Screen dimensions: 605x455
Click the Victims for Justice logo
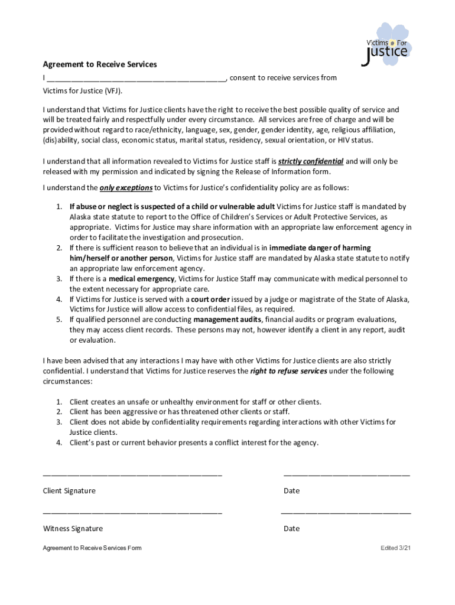tap(385, 45)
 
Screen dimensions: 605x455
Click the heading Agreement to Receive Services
tap(99, 64)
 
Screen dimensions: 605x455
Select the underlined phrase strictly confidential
tap(310, 161)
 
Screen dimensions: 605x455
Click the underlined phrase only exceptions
tap(126, 188)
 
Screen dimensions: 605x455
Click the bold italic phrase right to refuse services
tap(288, 372)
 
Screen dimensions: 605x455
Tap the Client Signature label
tap(69, 491)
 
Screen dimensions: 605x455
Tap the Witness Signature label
tap(73, 529)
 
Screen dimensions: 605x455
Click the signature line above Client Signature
tap(132, 475)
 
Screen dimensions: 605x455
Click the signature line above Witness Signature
tap(132, 513)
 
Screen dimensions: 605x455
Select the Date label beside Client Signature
tap(291, 491)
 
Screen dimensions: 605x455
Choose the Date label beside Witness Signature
tap(291, 529)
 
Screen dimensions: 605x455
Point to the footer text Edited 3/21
tap(395, 548)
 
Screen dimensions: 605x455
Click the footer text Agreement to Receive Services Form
tap(92, 548)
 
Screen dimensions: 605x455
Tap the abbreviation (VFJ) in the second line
tap(114, 92)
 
